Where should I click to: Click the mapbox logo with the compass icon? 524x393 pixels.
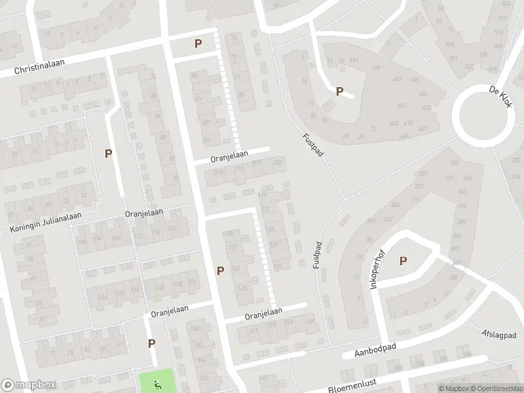coord(28,385)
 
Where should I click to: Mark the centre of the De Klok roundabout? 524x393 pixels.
coord(485,118)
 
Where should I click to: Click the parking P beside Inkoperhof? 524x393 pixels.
coord(403,261)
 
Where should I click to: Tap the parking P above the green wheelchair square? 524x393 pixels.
coord(151,343)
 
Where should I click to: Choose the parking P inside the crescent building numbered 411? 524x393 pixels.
coord(339,92)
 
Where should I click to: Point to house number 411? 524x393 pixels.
coord(354,61)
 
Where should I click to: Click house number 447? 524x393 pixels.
coord(422,128)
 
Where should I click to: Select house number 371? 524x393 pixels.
coord(451,178)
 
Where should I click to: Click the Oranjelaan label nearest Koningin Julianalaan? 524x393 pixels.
coord(144,214)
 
